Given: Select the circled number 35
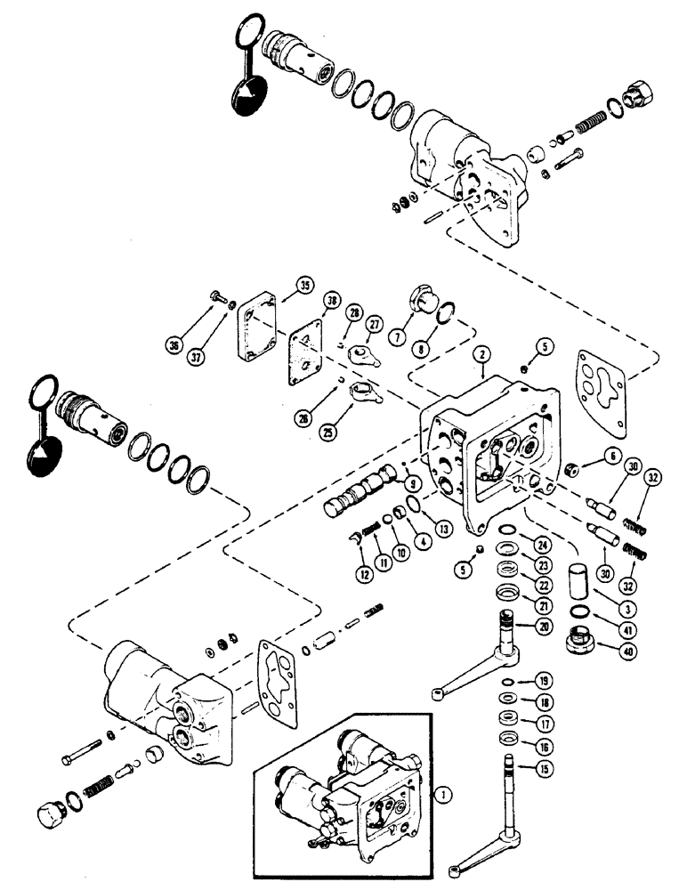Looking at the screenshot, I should (x=304, y=287).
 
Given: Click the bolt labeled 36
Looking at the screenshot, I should (x=216, y=302).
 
